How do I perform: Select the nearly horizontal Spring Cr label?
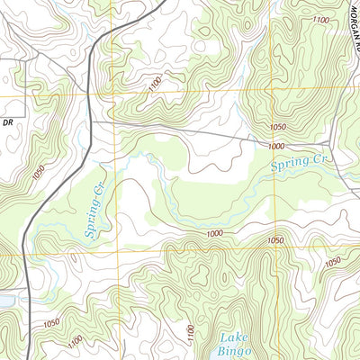[x=298, y=163]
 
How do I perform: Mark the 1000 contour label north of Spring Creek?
[x=274, y=146]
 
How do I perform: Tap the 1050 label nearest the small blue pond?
[x=51, y=322]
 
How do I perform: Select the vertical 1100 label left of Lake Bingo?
[x=190, y=336]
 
